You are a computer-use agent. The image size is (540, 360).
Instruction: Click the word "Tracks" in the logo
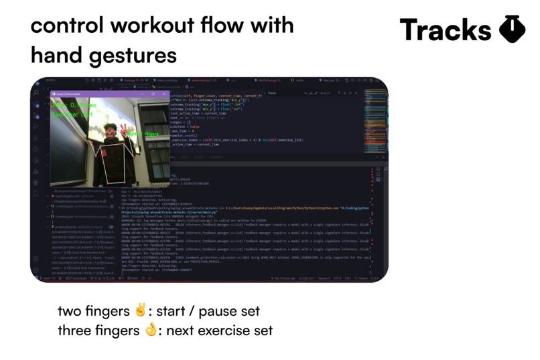point(445,30)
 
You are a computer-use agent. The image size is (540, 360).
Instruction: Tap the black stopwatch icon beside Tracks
point(513,30)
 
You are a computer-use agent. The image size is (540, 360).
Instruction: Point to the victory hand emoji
point(140,311)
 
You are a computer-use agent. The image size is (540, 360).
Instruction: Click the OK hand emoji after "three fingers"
point(151,331)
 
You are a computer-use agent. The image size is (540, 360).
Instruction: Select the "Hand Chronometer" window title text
point(69,93)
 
